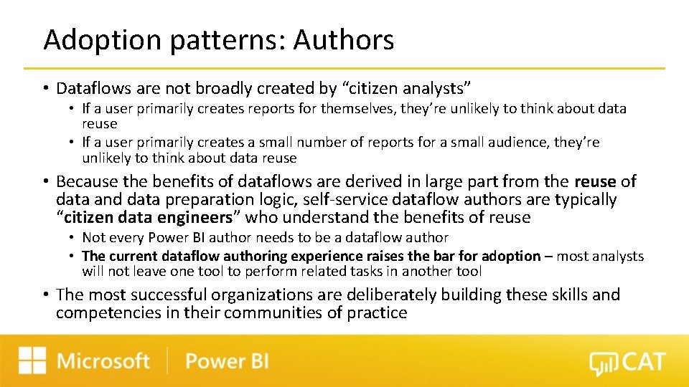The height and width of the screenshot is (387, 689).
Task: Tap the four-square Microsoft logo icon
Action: (x=32, y=360)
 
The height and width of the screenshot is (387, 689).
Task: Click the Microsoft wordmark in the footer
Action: (x=103, y=360)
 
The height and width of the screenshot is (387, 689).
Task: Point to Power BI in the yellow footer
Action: (x=227, y=360)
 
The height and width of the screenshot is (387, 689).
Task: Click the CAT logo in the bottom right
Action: (x=627, y=363)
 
